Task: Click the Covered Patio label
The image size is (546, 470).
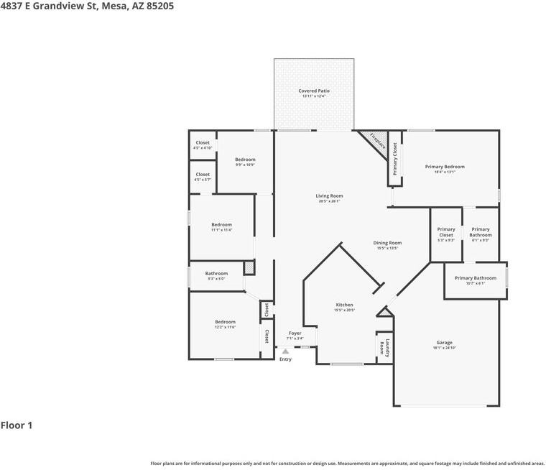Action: coord(314,91)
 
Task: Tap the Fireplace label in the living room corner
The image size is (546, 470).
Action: coord(378,141)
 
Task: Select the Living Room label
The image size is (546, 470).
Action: coord(329,196)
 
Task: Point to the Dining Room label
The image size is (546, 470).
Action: coord(387,243)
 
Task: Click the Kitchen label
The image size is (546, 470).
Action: coord(343,305)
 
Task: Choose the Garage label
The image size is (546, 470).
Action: coord(444,343)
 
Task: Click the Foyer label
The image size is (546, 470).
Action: coord(295,333)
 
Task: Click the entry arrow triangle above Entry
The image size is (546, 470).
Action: coord(285,351)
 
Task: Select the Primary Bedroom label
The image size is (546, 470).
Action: coord(444,167)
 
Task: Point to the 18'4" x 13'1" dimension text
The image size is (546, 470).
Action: coord(444,172)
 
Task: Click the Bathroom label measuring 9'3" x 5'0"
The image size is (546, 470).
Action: coord(216,273)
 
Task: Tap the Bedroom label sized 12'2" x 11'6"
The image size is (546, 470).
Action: coord(225,322)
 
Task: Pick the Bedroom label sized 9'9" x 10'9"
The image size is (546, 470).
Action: coord(245,160)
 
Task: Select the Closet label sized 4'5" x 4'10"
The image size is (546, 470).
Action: coord(203,142)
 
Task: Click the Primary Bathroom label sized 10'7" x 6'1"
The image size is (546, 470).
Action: coord(475,278)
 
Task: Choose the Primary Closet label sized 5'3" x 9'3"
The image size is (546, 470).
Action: coord(446,232)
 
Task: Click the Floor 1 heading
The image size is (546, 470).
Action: coord(17,425)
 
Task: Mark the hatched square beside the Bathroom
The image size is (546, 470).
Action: coord(249,267)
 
